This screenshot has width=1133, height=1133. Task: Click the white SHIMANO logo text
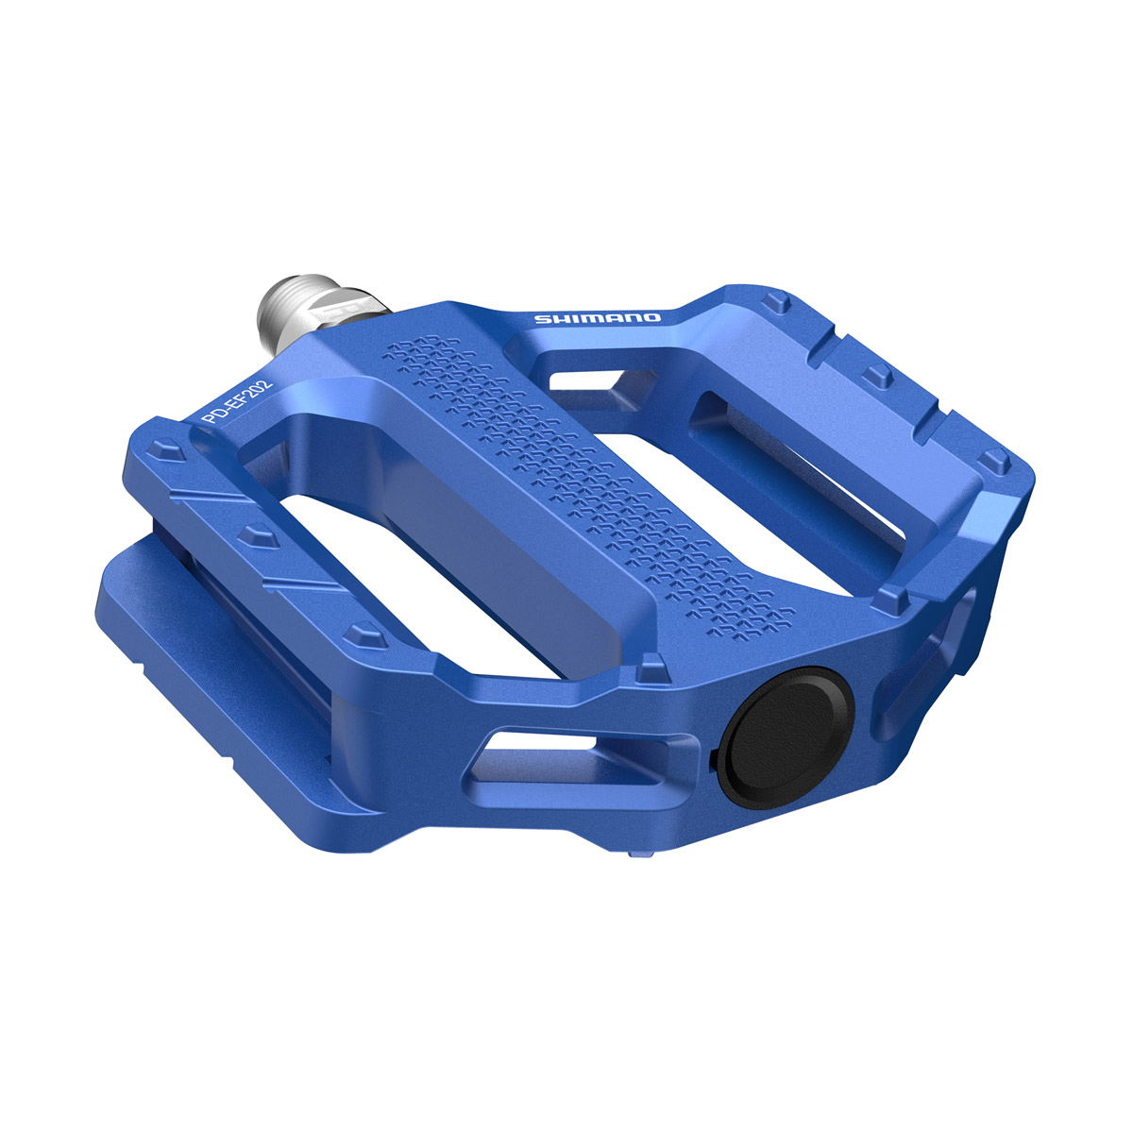(599, 318)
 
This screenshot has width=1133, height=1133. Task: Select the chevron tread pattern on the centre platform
(566, 472)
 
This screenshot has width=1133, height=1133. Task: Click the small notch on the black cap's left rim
(709, 756)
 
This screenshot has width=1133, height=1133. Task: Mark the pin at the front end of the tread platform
(651, 672)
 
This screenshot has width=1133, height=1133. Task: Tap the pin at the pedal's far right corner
(990, 462)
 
